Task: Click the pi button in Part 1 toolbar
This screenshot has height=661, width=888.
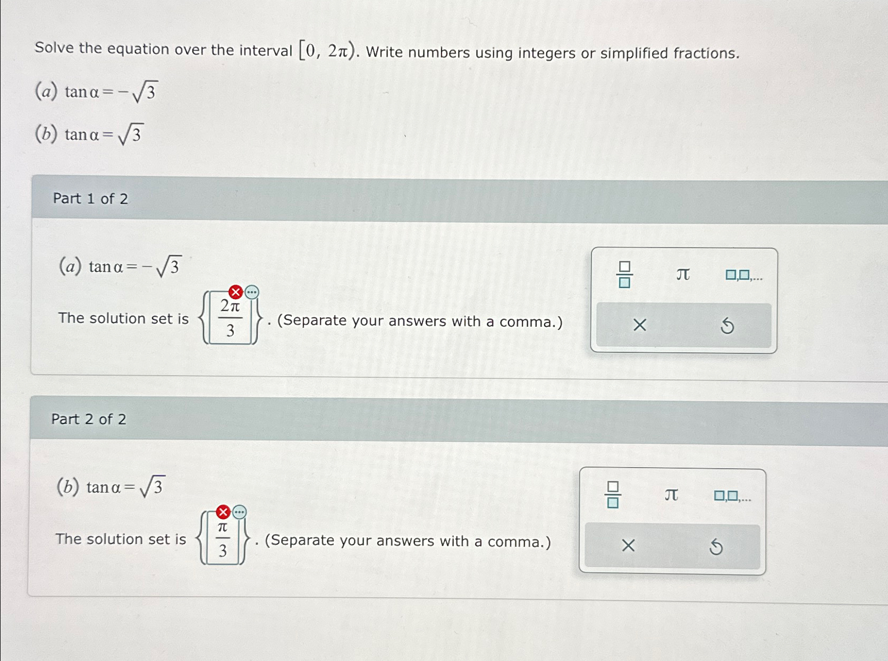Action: tap(683, 274)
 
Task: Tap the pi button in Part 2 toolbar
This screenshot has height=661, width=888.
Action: tap(671, 495)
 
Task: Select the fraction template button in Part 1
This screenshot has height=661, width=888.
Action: tap(624, 274)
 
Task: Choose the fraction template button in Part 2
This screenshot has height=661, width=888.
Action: tap(613, 495)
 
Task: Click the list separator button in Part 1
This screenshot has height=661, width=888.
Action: tap(743, 275)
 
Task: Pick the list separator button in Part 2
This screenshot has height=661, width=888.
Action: tap(732, 496)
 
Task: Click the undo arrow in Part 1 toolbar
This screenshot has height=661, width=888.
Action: tap(727, 325)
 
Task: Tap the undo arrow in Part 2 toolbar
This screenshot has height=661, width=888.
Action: tap(716, 546)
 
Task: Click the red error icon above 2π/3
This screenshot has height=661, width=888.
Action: tap(235, 292)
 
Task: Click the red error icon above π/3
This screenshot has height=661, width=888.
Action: tap(223, 512)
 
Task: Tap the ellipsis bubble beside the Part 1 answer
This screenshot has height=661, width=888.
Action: tap(252, 292)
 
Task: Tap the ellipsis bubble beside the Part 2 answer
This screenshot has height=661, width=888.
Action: tap(240, 512)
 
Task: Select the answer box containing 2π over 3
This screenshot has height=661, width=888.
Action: tap(231, 319)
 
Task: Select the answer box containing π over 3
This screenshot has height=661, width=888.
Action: tap(223, 539)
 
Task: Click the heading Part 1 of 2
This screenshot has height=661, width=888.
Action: tap(90, 199)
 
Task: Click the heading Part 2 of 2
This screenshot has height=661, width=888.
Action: tap(89, 419)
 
